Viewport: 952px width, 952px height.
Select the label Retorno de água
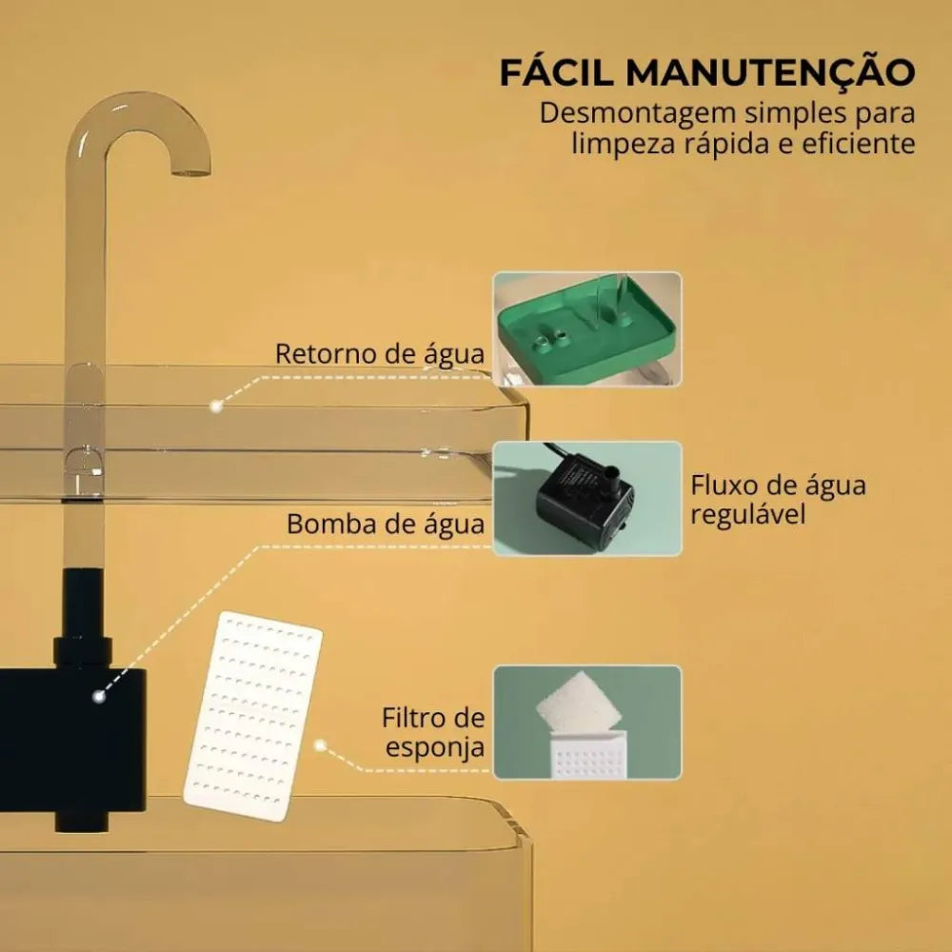(x=380, y=353)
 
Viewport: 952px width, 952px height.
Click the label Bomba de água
(x=386, y=524)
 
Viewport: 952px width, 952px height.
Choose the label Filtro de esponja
(x=433, y=732)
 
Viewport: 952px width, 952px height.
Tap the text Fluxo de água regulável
(x=779, y=500)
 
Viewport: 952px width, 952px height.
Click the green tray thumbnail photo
(x=587, y=329)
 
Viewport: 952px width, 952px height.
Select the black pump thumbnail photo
(x=587, y=499)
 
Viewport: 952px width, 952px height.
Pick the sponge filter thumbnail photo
(x=587, y=722)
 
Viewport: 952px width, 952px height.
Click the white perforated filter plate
(x=253, y=717)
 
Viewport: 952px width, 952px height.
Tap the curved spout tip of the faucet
(x=190, y=171)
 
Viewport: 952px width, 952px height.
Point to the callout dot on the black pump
(x=99, y=696)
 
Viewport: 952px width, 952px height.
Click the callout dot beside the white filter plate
(x=320, y=745)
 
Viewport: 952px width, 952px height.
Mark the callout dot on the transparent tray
(x=214, y=407)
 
